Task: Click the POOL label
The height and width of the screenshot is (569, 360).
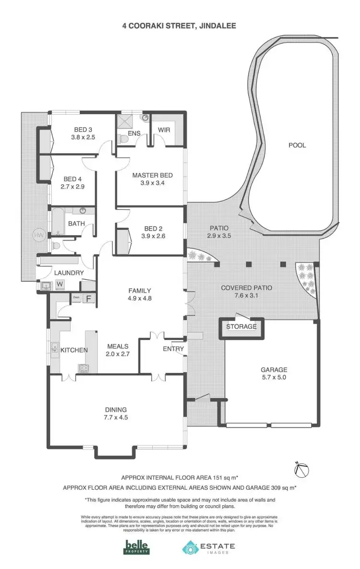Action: click(x=297, y=145)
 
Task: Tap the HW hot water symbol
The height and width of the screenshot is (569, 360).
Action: click(x=38, y=235)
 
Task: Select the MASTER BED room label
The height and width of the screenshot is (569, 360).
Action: click(x=152, y=175)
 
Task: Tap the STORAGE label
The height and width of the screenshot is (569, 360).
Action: click(x=242, y=327)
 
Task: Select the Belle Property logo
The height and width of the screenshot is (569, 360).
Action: click(x=137, y=547)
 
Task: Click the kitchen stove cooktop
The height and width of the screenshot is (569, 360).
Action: click(x=83, y=369)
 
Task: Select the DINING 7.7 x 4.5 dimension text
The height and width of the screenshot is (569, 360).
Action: click(x=116, y=417)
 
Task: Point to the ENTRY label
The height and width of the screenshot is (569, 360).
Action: click(x=173, y=349)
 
